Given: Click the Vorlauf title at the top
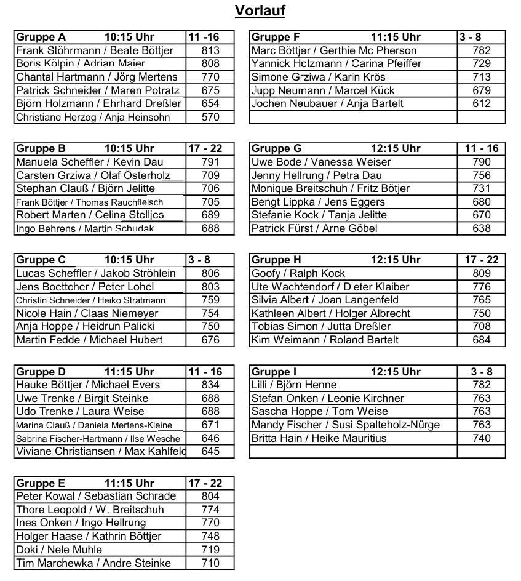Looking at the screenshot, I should coord(260,11).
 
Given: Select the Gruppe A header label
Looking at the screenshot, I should coord(41,37).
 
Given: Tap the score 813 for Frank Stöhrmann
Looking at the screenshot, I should coord(210,50).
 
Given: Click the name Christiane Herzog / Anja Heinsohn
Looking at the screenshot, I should coord(93,117).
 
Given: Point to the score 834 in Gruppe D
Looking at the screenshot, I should coord(210,385).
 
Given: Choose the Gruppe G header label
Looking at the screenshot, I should coord(277,148).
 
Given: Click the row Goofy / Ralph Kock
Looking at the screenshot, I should coord(298,273).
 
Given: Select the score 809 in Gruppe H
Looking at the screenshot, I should coord(482,273).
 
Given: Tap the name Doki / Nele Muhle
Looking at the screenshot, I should coord(59,550).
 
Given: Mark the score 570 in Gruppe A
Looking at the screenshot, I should coord(210,117).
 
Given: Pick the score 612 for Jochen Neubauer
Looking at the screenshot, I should coord(482,103).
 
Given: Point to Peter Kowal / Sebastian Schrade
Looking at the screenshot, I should coord(96,496).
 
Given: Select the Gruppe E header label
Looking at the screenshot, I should coord(41,483).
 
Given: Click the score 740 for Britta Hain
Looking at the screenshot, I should coord(482,438).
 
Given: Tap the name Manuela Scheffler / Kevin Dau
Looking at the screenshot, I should coord(90,162).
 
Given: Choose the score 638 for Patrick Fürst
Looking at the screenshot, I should coord(482,228).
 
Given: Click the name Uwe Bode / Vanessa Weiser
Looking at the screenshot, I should coord(321,162).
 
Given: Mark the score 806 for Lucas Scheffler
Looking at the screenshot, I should coord(210,273).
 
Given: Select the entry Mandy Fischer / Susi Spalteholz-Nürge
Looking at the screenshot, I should coord(346,425).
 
